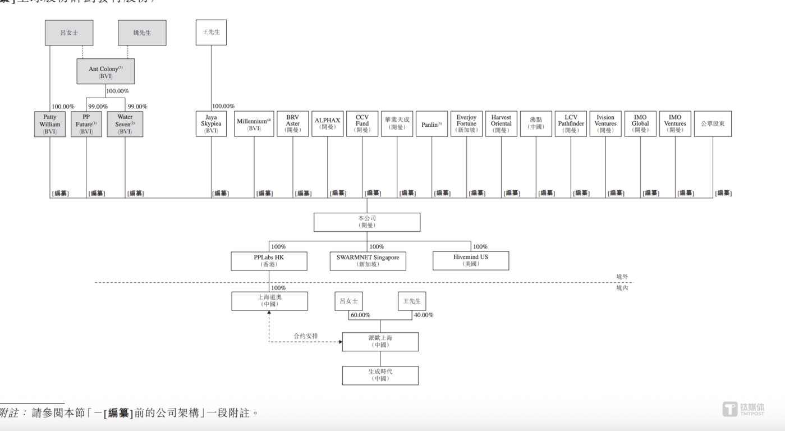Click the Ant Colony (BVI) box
(x=105, y=71)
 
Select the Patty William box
(x=49, y=124)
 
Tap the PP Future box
(x=86, y=124)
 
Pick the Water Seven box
(x=125, y=124)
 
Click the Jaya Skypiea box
(x=211, y=123)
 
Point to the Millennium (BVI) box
(x=254, y=123)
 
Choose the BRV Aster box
(x=292, y=123)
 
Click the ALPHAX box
(x=327, y=123)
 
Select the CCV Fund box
(x=362, y=123)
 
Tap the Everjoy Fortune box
(x=466, y=123)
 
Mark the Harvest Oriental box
(x=501, y=123)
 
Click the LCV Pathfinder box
(x=571, y=123)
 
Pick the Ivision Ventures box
(x=605, y=123)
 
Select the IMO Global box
(x=640, y=123)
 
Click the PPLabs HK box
(x=269, y=260)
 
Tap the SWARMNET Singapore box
(x=368, y=260)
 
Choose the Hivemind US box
(x=471, y=260)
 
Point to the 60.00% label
(x=360, y=315)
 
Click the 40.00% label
(x=423, y=315)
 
